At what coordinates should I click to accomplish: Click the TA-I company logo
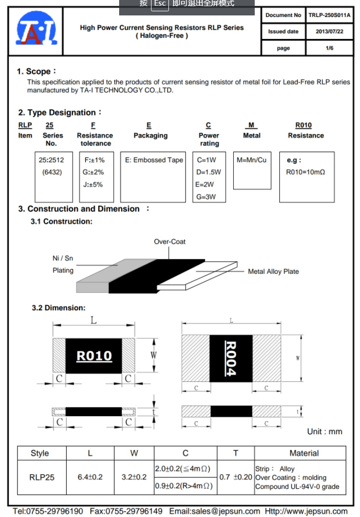tap(35, 30)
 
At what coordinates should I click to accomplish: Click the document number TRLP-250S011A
tap(329, 15)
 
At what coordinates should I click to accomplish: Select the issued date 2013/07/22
tap(329, 32)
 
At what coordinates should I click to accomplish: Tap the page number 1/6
tap(329, 48)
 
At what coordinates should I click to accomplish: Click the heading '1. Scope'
tap(36, 71)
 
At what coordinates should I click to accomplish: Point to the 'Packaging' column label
tap(150, 136)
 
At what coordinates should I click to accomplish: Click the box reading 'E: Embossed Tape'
tap(154, 160)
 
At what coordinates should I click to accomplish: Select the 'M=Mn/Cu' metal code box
tap(252, 160)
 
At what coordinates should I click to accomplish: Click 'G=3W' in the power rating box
tap(205, 197)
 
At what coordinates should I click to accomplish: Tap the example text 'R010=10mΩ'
tap(306, 172)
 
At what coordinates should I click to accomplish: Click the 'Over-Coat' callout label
tap(169, 242)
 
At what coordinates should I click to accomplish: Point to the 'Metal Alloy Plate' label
tap(273, 271)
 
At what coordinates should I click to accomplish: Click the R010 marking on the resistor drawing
tap(94, 356)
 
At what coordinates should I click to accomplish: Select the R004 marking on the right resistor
tap(231, 359)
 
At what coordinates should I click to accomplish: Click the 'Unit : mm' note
tap(324, 432)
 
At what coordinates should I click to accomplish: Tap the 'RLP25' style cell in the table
tap(42, 477)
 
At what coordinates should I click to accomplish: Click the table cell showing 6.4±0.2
tap(90, 477)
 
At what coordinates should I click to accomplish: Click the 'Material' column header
tap(304, 453)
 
